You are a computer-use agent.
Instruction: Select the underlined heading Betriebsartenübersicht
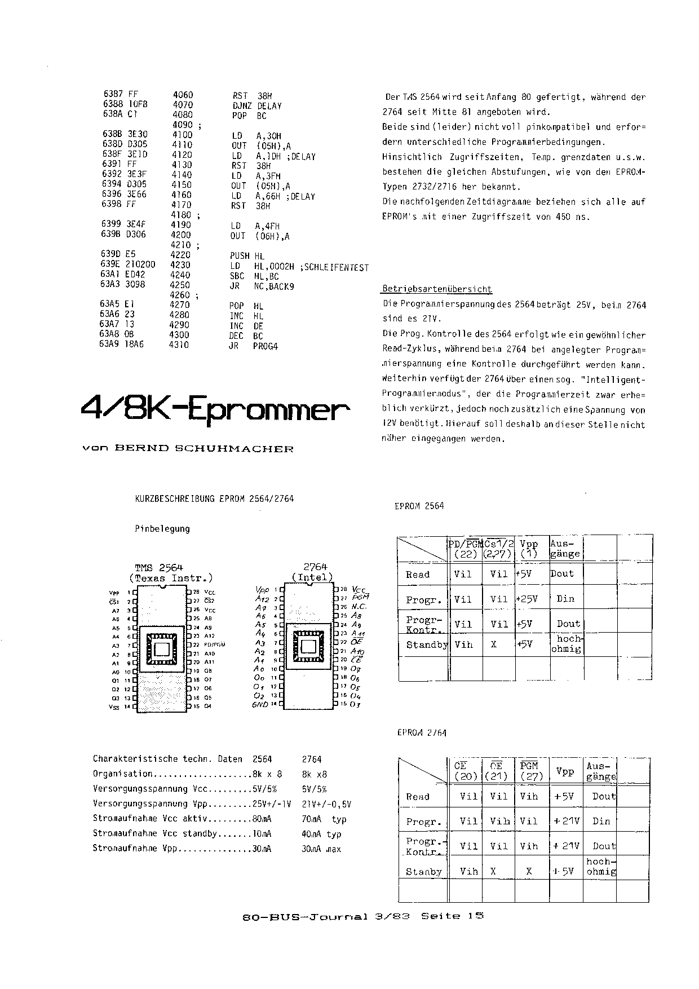point(437,289)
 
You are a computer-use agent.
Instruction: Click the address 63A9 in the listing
point(110,345)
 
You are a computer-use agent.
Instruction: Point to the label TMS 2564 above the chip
point(159,567)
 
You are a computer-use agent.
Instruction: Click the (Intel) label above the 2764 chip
point(312,577)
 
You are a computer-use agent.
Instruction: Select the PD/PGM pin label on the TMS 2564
point(215,644)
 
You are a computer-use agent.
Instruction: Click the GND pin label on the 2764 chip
point(260,705)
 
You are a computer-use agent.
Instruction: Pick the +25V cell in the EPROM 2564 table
point(527,599)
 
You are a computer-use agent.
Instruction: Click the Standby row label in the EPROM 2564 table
point(427,644)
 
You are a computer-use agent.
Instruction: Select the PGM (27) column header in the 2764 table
point(529,771)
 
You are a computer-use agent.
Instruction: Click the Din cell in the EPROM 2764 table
point(601,821)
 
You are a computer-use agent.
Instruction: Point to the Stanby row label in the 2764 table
point(424,872)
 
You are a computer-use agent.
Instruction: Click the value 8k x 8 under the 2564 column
point(267,774)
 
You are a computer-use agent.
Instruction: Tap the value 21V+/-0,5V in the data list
point(326,804)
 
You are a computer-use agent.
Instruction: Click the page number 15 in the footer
point(476,916)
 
